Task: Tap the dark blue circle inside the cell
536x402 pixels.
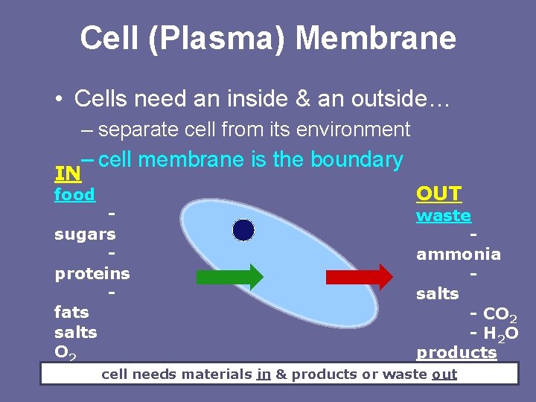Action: point(243,231)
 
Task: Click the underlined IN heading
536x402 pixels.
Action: point(68,174)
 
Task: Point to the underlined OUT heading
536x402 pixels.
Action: point(439,194)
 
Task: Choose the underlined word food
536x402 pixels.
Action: point(74,195)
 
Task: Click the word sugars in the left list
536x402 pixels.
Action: point(85,234)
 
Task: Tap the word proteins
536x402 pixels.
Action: point(92,273)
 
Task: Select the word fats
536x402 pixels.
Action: point(71,312)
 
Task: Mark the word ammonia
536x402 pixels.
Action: point(459,255)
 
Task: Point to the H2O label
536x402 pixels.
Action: point(500,333)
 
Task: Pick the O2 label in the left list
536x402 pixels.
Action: point(65,351)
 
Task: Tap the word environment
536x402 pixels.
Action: point(353,130)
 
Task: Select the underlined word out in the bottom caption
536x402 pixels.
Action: point(444,374)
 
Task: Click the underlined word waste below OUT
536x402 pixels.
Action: point(444,216)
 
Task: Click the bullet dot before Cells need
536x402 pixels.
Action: point(57,98)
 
